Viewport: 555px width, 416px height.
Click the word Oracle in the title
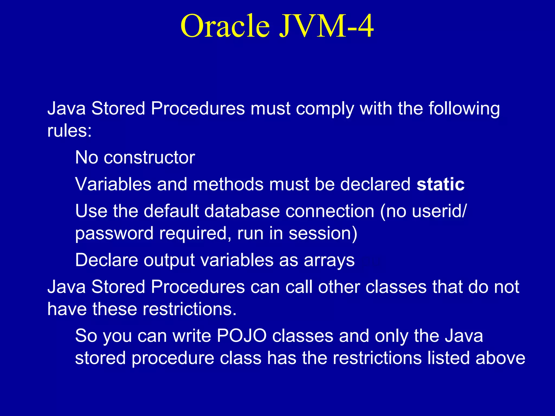225,26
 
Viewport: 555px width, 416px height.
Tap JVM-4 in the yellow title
327,26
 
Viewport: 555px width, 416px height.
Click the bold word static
440,184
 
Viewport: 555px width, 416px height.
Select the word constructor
149,157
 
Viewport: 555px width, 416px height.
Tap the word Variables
113,184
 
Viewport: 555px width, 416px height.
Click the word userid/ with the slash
439,211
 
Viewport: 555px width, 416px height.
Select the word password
114,233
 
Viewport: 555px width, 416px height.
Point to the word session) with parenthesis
323,233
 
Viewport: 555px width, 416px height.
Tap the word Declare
107,260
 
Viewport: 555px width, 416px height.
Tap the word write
192,336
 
